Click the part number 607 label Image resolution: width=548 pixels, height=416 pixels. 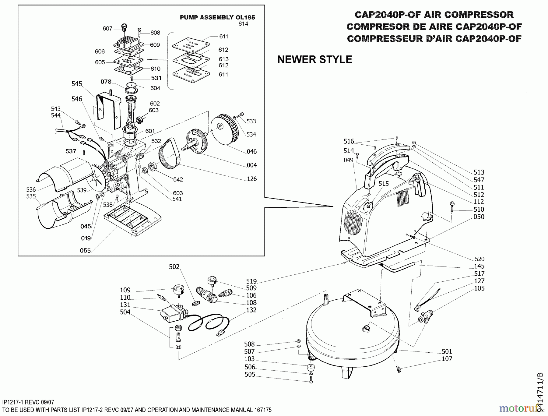coord(107,28)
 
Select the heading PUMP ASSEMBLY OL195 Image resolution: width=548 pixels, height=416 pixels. coord(217,17)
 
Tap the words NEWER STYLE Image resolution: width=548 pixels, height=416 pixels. coord(314,59)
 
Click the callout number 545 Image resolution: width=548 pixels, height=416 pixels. coord(77,84)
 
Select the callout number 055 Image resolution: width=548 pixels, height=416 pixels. coord(85,250)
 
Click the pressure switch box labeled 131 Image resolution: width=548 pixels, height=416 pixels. coord(171,314)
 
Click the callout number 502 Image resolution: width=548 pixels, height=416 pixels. coord(174,267)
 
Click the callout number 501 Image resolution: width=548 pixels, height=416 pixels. coord(447,351)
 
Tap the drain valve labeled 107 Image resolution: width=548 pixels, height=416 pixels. coord(398,369)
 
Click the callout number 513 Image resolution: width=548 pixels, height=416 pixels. coord(479,172)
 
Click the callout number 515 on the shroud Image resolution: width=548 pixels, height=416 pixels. coord(384,184)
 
